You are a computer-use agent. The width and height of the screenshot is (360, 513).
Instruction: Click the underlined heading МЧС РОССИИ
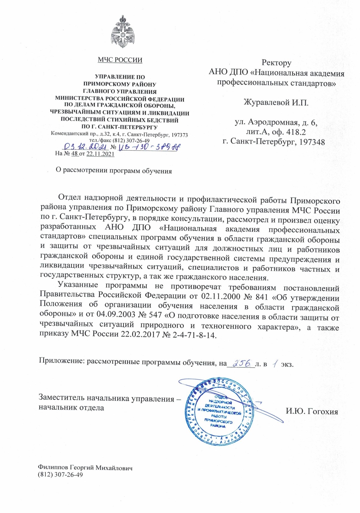120,60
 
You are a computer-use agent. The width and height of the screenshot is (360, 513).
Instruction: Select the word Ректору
276,63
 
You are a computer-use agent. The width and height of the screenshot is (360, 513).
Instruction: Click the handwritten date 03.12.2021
86,147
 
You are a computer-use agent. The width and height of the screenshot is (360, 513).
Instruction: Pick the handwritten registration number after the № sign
148,147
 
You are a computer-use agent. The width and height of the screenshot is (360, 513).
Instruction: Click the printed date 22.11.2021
100,154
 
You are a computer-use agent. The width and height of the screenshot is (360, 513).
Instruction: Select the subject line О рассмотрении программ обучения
114,171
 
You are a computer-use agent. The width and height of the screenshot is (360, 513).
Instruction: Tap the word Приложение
61,361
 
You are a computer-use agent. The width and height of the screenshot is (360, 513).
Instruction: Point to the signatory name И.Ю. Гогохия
312,411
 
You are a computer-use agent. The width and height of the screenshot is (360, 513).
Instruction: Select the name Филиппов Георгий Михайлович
85,468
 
